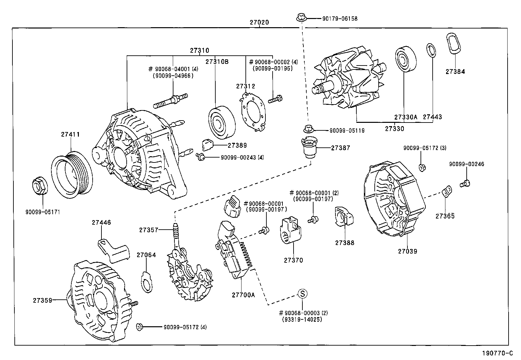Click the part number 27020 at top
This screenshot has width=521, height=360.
click(259, 23)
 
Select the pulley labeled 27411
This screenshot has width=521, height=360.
click(73, 176)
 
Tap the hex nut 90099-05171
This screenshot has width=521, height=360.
click(40, 186)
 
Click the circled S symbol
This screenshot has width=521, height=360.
click(302, 294)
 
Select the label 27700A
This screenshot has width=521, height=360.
click(243, 294)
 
